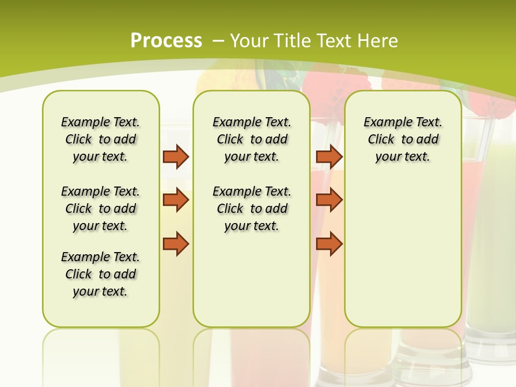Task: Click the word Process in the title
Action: pyautogui.click(x=166, y=40)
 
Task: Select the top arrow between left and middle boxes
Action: pyautogui.click(x=176, y=156)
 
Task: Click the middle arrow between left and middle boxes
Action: pyautogui.click(x=176, y=200)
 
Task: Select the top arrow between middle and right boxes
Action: pyautogui.click(x=329, y=156)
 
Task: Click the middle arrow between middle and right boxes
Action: pyautogui.click(x=329, y=200)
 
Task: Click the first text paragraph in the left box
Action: pyautogui.click(x=101, y=139)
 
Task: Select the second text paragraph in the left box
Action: pyautogui.click(x=101, y=209)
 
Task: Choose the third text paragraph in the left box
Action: pyautogui.click(x=101, y=274)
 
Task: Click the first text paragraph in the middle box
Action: pyautogui.click(x=252, y=139)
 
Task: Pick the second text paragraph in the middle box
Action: pyautogui.click(x=252, y=209)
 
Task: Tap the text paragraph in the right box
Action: pyautogui.click(x=403, y=139)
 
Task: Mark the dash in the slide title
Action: pyautogui.click(x=219, y=41)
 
